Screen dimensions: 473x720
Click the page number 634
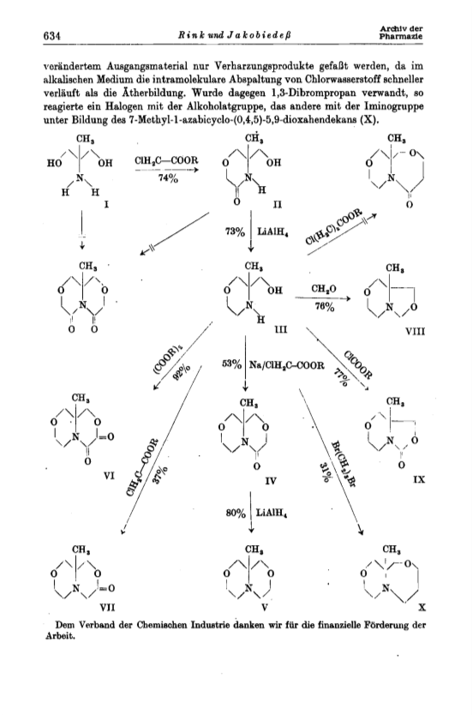click(x=52, y=35)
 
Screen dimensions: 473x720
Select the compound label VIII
click(x=415, y=331)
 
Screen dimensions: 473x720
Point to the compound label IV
click(x=271, y=481)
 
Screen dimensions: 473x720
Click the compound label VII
click(x=107, y=607)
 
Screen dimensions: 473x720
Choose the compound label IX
click(x=419, y=479)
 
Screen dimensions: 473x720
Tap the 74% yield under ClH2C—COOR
click(x=167, y=179)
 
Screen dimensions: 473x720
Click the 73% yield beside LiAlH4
click(x=235, y=232)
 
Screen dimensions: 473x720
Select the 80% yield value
click(x=236, y=513)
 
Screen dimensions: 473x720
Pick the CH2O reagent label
click(x=323, y=288)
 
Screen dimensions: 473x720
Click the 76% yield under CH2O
click(x=324, y=307)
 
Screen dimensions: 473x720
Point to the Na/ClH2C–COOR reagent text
click(x=287, y=365)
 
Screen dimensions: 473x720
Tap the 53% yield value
click(x=232, y=365)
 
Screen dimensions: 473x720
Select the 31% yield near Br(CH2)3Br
click(x=324, y=473)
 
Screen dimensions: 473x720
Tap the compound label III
click(x=280, y=329)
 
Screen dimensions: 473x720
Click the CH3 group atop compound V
click(x=253, y=549)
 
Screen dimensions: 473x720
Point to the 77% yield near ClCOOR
click(x=340, y=380)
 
